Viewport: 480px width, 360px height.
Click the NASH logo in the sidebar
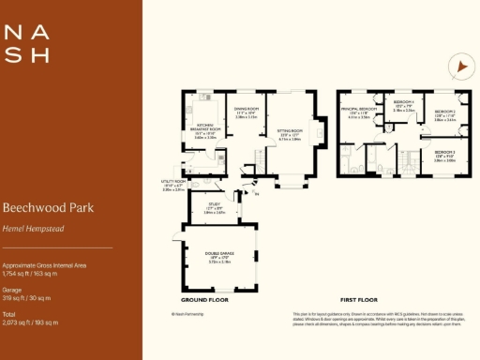click(x=26, y=43)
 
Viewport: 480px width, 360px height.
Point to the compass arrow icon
click(x=459, y=67)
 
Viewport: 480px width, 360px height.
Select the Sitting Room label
click(x=289, y=132)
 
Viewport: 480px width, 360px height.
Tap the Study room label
click(x=215, y=210)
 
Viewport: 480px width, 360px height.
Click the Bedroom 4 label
click(x=404, y=106)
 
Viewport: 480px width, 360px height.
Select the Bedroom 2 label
click(x=444, y=117)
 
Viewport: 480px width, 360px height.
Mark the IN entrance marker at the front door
click(x=258, y=195)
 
